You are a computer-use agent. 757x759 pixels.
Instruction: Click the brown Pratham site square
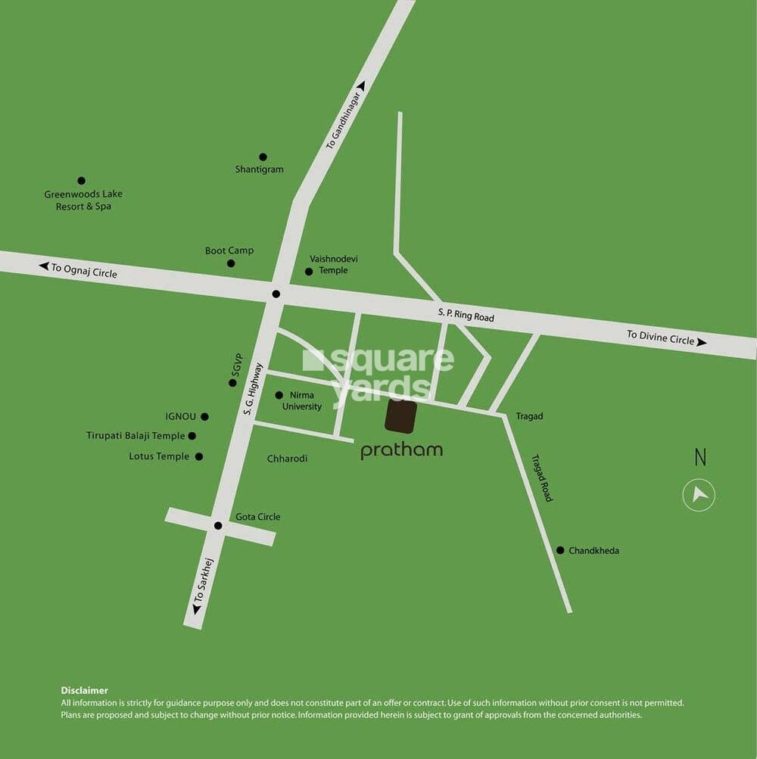(x=401, y=417)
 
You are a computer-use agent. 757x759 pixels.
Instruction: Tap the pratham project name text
(x=401, y=451)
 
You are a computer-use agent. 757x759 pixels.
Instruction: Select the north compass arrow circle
(x=699, y=496)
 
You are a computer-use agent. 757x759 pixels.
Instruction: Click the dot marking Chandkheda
(x=560, y=550)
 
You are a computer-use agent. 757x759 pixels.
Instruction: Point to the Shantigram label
(x=259, y=170)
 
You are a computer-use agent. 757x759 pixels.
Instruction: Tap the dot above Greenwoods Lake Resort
(x=81, y=181)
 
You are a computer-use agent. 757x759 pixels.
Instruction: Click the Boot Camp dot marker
(x=231, y=263)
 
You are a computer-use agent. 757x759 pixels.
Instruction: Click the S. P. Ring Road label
(x=466, y=315)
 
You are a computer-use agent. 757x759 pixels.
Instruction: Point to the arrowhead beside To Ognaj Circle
(x=44, y=266)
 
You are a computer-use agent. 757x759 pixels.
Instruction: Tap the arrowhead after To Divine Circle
(x=702, y=342)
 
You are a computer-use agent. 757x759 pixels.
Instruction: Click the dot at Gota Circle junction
(x=217, y=525)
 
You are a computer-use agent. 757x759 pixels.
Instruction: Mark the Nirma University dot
(x=279, y=395)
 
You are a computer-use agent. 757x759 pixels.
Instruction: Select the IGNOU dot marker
(x=204, y=416)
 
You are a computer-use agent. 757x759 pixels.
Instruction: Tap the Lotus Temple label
(x=159, y=456)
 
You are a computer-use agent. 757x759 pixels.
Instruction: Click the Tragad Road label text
(x=542, y=477)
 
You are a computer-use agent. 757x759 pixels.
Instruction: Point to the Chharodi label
(x=287, y=459)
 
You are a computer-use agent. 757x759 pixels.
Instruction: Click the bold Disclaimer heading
(x=84, y=690)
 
